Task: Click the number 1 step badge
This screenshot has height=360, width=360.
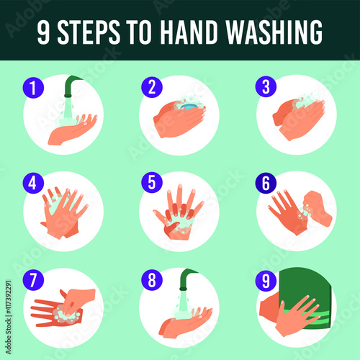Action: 33,87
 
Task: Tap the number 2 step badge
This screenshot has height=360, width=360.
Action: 152,87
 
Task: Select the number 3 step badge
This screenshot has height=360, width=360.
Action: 266,86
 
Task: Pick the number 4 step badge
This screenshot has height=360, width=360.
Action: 33,183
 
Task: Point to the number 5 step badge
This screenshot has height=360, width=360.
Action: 152,182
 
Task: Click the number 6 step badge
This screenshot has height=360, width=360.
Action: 266,183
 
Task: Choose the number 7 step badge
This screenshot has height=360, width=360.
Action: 33,279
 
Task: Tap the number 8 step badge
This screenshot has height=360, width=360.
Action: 152,279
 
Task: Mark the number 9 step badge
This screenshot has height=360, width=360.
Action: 266,280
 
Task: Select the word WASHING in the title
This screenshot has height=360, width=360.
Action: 274,32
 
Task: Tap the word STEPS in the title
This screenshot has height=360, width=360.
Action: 89,32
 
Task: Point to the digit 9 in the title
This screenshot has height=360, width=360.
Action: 43,32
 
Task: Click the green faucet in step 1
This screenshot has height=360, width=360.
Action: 71,85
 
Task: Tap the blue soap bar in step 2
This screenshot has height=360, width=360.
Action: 189,107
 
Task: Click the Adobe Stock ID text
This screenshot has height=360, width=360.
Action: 9,318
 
